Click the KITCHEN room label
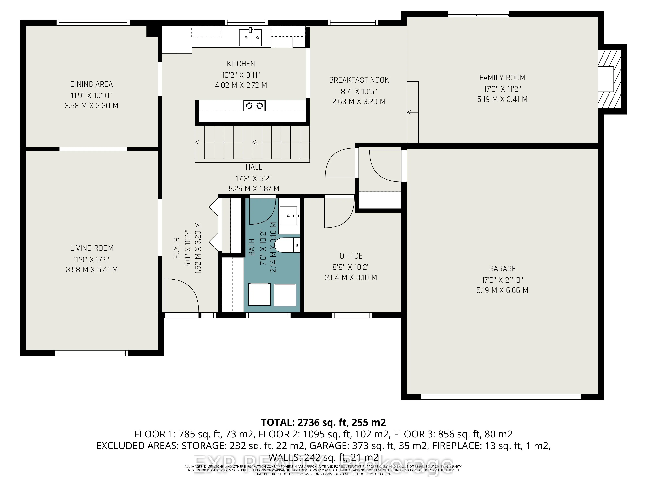tap(241, 64)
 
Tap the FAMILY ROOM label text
tap(502, 78)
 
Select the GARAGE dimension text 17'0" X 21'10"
tap(502, 280)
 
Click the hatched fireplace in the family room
tap(610, 79)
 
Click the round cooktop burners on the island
tap(254, 106)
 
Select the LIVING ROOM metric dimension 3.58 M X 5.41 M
tap(92, 269)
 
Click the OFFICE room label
tap(351, 256)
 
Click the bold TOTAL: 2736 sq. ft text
tap(323, 422)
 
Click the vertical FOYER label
tap(176, 248)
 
